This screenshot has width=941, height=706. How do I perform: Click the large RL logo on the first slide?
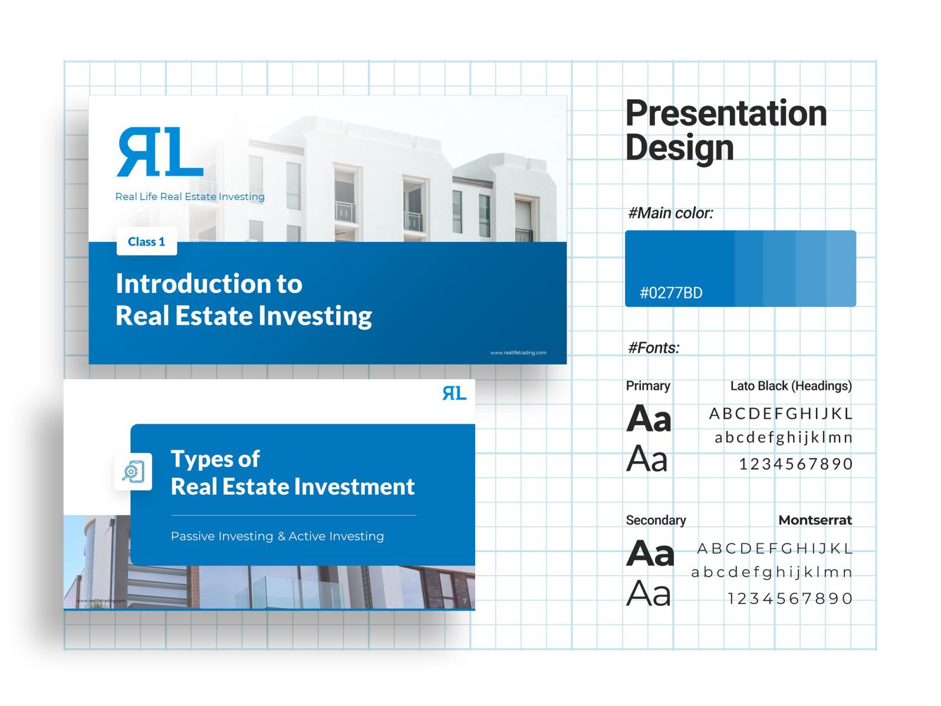(160, 152)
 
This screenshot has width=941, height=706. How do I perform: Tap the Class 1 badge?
(146, 242)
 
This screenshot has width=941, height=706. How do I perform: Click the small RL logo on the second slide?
(454, 393)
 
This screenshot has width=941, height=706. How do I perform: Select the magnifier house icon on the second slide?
(133, 472)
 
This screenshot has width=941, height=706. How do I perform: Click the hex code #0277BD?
(671, 293)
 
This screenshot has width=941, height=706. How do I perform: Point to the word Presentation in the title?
(726, 113)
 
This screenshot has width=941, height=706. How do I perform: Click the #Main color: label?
(670, 213)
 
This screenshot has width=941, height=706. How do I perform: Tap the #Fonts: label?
(653, 347)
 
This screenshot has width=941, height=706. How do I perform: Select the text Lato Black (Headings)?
(791, 386)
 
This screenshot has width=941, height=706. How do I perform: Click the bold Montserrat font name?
(815, 520)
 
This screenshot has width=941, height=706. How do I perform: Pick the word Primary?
(647, 386)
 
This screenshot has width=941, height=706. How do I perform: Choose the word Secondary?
(656, 520)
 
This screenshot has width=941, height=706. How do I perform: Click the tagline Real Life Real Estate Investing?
(189, 196)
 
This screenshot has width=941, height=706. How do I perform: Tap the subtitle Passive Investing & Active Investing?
(277, 536)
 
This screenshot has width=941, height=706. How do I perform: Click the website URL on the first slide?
(518, 353)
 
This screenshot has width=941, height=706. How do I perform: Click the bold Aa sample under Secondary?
(650, 554)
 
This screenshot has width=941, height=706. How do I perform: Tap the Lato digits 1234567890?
(795, 464)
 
